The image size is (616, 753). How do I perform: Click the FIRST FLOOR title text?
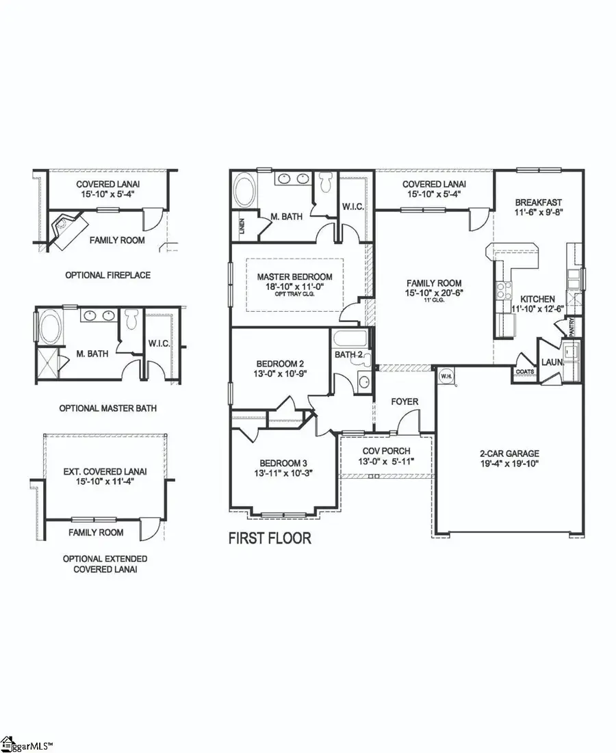(x=270, y=538)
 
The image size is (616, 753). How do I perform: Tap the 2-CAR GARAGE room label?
(x=509, y=453)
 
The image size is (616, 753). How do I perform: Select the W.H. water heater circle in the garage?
(x=445, y=375)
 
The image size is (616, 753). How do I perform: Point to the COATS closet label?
(x=525, y=371)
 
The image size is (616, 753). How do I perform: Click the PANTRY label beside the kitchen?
(x=570, y=326)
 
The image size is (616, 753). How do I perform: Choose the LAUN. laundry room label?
(x=552, y=362)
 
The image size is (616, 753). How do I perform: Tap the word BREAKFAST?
(x=539, y=202)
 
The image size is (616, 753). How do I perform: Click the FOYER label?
(x=405, y=401)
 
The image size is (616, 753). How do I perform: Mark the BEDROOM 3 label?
(x=282, y=462)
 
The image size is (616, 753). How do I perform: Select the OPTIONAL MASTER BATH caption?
(x=107, y=408)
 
